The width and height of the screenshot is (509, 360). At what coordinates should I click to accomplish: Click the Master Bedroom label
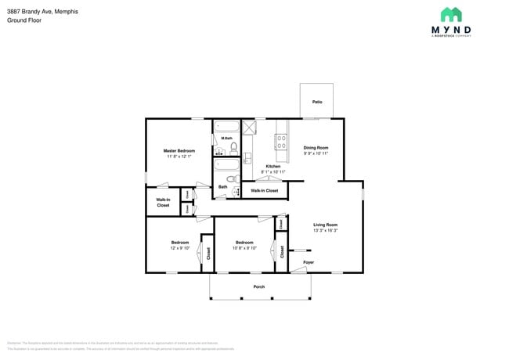click(x=179, y=150)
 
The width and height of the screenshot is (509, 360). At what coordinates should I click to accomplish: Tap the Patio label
click(x=317, y=102)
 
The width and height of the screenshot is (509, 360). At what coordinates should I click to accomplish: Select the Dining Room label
click(x=316, y=147)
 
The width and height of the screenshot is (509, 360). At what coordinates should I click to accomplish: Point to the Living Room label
click(x=325, y=225)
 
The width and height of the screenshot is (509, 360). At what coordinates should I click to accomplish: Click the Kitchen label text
click(x=273, y=166)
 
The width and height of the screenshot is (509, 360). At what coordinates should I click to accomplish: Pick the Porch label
click(x=258, y=286)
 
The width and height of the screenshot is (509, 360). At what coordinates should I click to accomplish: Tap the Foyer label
click(x=309, y=262)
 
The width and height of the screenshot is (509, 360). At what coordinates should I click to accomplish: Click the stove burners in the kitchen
click(x=279, y=142)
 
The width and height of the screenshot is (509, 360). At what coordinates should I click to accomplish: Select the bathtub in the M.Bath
click(x=228, y=128)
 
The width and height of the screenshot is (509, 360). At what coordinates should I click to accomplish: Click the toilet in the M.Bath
click(x=233, y=146)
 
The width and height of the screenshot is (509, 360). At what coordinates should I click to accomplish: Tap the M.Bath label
click(x=226, y=139)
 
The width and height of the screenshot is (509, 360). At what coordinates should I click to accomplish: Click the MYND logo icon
click(x=451, y=14)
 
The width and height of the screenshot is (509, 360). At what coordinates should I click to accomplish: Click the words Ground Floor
click(x=23, y=20)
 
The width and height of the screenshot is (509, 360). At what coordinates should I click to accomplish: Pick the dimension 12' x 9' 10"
click(x=180, y=248)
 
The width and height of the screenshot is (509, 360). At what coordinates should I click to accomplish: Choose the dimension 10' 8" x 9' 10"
click(x=244, y=248)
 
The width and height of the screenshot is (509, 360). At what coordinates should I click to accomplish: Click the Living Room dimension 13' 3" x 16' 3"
click(x=325, y=231)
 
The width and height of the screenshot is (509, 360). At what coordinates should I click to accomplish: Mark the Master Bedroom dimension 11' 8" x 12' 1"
click(x=179, y=157)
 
